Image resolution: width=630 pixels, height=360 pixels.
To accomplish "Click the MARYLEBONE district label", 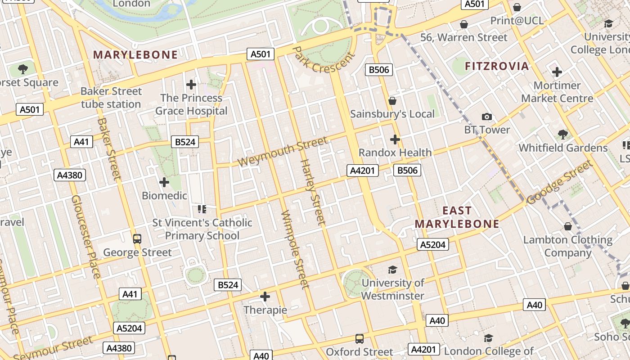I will coord(135,55).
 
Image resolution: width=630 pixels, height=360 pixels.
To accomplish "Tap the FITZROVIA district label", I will coord(497,66).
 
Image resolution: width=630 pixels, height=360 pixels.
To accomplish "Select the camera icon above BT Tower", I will coord(486,117).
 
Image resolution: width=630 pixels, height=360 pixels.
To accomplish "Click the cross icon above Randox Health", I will coord(395,139).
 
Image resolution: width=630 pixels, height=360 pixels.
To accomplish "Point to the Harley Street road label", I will coord(312,192).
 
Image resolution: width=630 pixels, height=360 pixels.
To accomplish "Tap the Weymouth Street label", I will coord(283,152).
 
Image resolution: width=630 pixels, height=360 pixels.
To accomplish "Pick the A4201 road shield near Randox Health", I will coord(363,171).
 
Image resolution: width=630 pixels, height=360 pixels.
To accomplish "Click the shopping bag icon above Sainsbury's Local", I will coord(392,101).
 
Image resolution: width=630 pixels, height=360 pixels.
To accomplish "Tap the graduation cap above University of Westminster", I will coord(392,270).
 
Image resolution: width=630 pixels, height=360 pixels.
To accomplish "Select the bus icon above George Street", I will coord(137,239).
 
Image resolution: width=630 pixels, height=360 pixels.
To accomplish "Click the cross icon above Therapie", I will coord(265,297).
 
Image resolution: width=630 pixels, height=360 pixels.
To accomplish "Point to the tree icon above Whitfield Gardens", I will coord(562,134).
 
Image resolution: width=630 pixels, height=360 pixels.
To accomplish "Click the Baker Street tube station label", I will coord(111,98).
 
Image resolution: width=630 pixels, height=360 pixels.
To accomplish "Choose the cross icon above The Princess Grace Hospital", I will coord(191,84).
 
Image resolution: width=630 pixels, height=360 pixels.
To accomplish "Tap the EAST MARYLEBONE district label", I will coord(457,217).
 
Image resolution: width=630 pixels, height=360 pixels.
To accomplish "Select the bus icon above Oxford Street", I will coord(359,338).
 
